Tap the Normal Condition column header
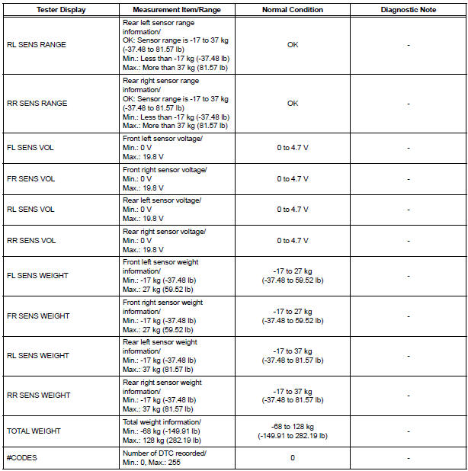click(x=293, y=10)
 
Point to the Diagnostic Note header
click(x=409, y=10)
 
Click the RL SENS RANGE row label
click(x=36, y=44)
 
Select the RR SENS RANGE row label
click(x=37, y=104)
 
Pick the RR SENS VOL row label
click(x=31, y=239)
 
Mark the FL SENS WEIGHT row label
click(x=37, y=276)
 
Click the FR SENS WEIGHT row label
click(x=38, y=316)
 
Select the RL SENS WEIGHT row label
click(x=37, y=355)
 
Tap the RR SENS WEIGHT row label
click(x=38, y=395)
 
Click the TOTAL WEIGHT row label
click(x=34, y=431)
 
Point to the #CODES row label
click(x=23, y=458)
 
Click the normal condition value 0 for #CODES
click(x=293, y=458)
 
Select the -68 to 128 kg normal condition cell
click(x=293, y=431)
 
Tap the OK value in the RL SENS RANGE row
click(x=293, y=44)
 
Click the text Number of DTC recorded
click(x=165, y=453)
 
